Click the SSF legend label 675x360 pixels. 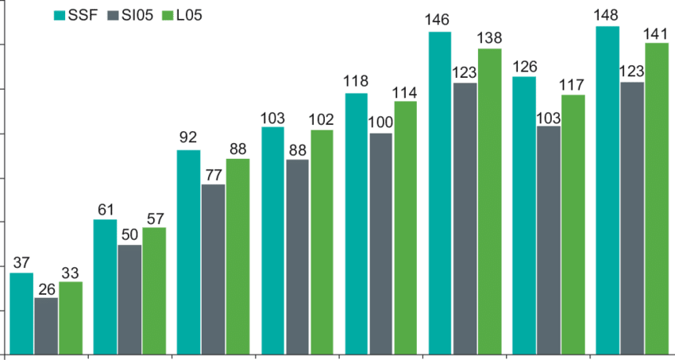tap(83, 16)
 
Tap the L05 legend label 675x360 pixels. tap(189, 16)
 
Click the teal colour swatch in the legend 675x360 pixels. tap(59, 16)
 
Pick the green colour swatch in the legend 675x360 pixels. tap(168, 16)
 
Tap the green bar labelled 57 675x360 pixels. tap(154, 289)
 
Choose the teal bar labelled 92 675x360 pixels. tap(189, 250)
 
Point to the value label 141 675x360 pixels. tap(656, 33)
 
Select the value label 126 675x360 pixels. tap(524, 67)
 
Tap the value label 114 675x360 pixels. tap(406, 92)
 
